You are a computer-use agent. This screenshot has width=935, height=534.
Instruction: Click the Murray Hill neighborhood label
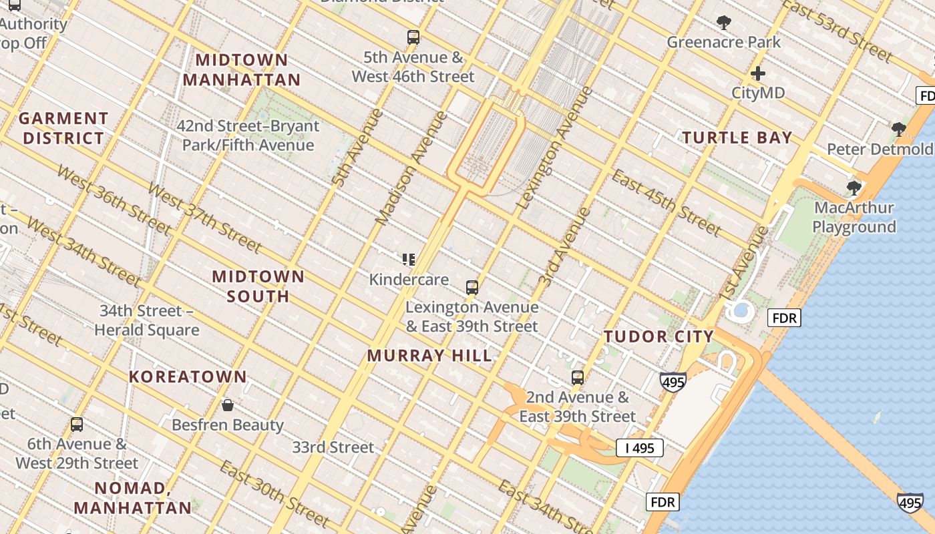429,355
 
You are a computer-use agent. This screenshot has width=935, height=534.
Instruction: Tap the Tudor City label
659,336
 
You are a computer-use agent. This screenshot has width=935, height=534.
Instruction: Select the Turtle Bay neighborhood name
737,138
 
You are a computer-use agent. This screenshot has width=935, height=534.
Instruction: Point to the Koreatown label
188,376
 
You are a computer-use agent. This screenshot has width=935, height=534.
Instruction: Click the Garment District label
63,128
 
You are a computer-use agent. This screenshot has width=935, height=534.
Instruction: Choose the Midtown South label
258,286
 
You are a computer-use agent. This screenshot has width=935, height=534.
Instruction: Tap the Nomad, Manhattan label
132,497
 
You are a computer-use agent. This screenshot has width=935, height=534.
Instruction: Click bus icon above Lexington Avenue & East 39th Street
472,288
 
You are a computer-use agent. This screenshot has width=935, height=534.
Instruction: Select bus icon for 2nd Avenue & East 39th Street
578,378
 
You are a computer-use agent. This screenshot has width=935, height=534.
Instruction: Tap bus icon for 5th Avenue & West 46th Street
413,37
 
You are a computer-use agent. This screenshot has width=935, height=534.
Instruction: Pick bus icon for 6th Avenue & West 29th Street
77,425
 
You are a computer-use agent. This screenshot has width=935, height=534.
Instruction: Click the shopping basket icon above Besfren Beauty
228,405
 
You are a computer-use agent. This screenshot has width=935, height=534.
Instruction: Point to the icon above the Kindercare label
409,259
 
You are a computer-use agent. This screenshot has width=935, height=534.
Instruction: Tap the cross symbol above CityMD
758,73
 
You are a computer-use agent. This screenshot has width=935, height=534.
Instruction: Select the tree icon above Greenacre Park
723,23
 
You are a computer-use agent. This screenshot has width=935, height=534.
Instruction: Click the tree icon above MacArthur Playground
854,188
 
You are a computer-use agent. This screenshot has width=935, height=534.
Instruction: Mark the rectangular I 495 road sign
639,448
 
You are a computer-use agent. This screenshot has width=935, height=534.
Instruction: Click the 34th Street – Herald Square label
146,320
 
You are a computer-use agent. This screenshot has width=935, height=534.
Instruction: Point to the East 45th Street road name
666,203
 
